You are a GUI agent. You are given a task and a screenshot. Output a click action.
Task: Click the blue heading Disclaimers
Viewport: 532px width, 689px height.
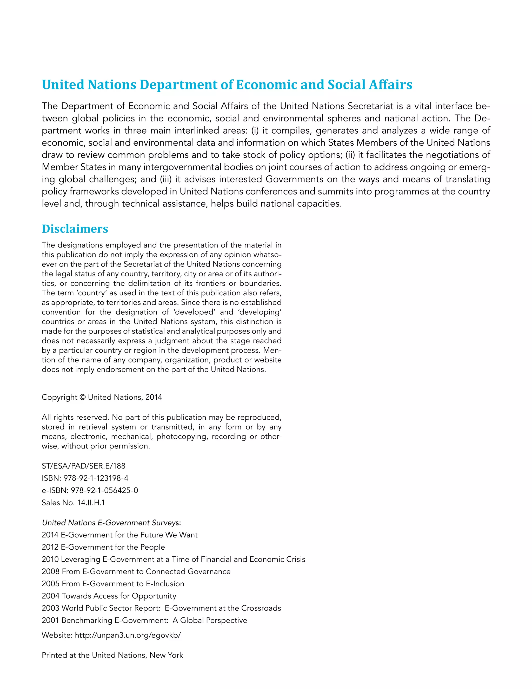click(75, 229)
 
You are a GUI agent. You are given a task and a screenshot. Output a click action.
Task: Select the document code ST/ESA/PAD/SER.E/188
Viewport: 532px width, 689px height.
click(84, 466)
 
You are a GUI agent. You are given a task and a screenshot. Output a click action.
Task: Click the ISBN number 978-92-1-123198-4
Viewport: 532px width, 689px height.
click(96, 478)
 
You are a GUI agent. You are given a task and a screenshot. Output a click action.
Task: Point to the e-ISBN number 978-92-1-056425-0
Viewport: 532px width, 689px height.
click(104, 491)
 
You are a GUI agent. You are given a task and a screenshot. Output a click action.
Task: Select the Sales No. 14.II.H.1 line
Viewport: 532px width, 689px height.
click(73, 503)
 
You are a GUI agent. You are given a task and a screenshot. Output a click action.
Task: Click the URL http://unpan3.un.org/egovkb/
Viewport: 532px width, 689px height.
click(128, 635)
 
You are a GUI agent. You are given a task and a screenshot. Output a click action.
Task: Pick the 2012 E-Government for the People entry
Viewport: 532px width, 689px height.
click(103, 547)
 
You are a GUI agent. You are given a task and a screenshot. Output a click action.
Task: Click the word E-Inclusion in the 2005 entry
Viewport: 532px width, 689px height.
click(165, 584)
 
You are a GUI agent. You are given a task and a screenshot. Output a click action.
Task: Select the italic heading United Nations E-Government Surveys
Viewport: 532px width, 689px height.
click(111, 523)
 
